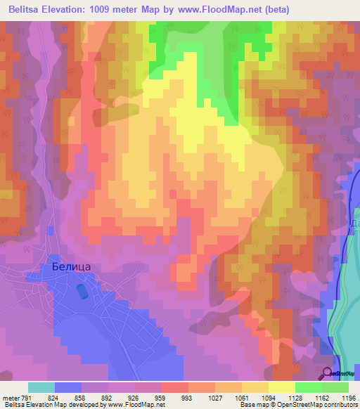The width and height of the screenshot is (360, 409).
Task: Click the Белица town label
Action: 72,266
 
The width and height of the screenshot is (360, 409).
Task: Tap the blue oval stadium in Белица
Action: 83,289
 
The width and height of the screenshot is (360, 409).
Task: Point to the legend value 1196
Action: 349,398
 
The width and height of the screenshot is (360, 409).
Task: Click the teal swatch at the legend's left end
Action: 41,387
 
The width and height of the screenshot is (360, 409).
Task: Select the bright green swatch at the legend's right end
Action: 335,387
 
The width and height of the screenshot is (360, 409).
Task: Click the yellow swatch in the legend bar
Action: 282,387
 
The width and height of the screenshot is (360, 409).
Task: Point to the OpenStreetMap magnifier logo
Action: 328,373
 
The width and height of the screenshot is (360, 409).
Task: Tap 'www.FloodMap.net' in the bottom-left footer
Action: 136,405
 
